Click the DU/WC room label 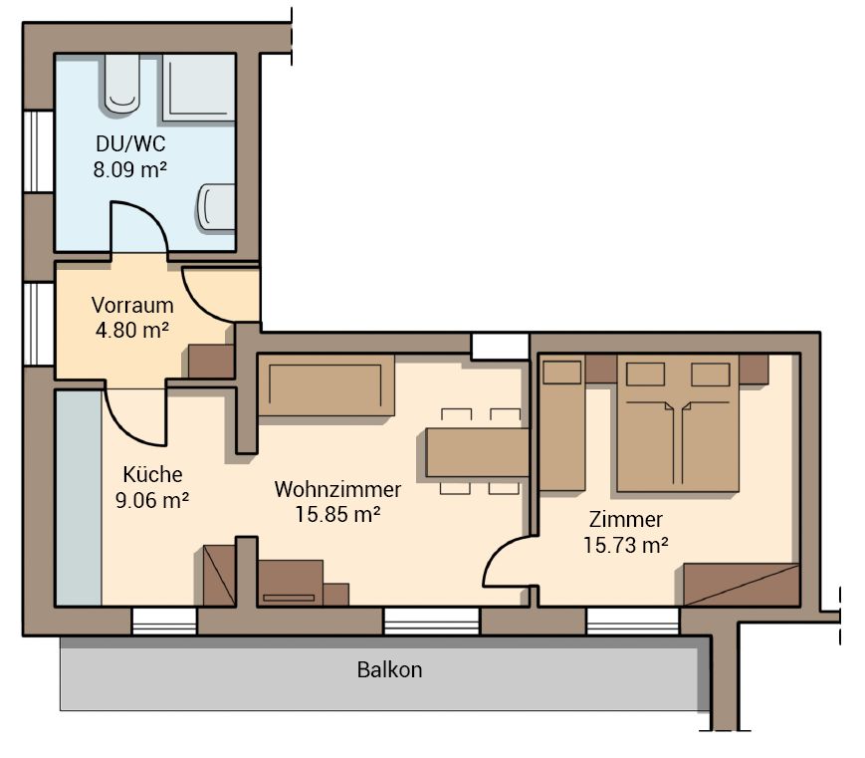pyautogui.click(x=130, y=144)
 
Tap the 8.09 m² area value pyautogui.click(x=130, y=169)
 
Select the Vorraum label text pyautogui.click(x=132, y=305)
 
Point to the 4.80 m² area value pyautogui.click(x=132, y=330)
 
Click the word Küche pyautogui.click(x=152, y=474)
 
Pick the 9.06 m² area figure pyautogui.click(x=152, y=500)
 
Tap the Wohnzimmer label pyautogui.click(x=337, y=489)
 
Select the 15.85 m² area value pyautogui.click(x=337, y=515)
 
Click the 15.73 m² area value pyautogui.click(x=626, y=545)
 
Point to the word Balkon pyautogui.click(x=389, y=669)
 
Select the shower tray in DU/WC pyautogui.click(x=199, y=88)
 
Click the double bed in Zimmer pyautogui.click(x=678, y=423)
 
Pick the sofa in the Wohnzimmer pyautogui.click(x=326, y=384)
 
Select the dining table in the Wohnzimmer pyautogui.click(x=478, y=452)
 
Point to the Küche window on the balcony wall pyautogui.click(x=164, y=622)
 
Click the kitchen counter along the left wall pyautogui.click(x=79, y=497)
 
